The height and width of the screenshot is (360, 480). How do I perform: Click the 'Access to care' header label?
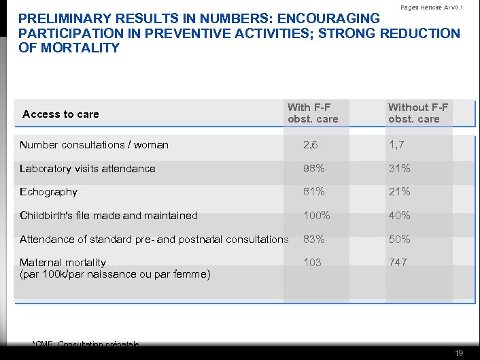[x=61, y=114]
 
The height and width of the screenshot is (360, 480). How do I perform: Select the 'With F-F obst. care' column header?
[x=313, y=113]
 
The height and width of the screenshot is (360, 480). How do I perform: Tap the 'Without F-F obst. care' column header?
[x=418, y=113]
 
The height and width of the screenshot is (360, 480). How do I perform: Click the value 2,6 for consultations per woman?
[x=311, y=145]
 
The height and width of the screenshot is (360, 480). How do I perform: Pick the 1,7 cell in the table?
[x=397, y=145]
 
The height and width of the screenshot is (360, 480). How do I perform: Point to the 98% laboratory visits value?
[x=314, y=169]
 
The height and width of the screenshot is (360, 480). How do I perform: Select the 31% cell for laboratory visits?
[x=399, y=169]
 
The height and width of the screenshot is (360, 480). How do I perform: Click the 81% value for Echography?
[x=314, y=192]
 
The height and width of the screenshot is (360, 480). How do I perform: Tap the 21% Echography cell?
[x=399, y=192]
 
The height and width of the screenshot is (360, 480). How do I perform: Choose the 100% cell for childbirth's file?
[x=317, y=216]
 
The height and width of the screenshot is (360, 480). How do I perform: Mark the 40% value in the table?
[x=399, y=216]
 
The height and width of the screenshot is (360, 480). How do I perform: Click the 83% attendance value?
[x=314, y=240]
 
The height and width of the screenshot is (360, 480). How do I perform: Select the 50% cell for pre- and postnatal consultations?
[x=399, y=240]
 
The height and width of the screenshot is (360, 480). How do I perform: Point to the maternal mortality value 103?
[x=313, y=263]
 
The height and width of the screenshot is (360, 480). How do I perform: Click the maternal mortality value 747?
[x=398, y=263]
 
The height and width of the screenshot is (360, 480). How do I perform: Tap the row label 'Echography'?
[x=48, y=192]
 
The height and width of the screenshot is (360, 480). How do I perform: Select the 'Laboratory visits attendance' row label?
[x=87, y=169]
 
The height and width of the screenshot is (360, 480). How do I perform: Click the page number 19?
[x=460, y=353]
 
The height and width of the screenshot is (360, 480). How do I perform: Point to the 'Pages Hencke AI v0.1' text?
[x=432, y=7]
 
